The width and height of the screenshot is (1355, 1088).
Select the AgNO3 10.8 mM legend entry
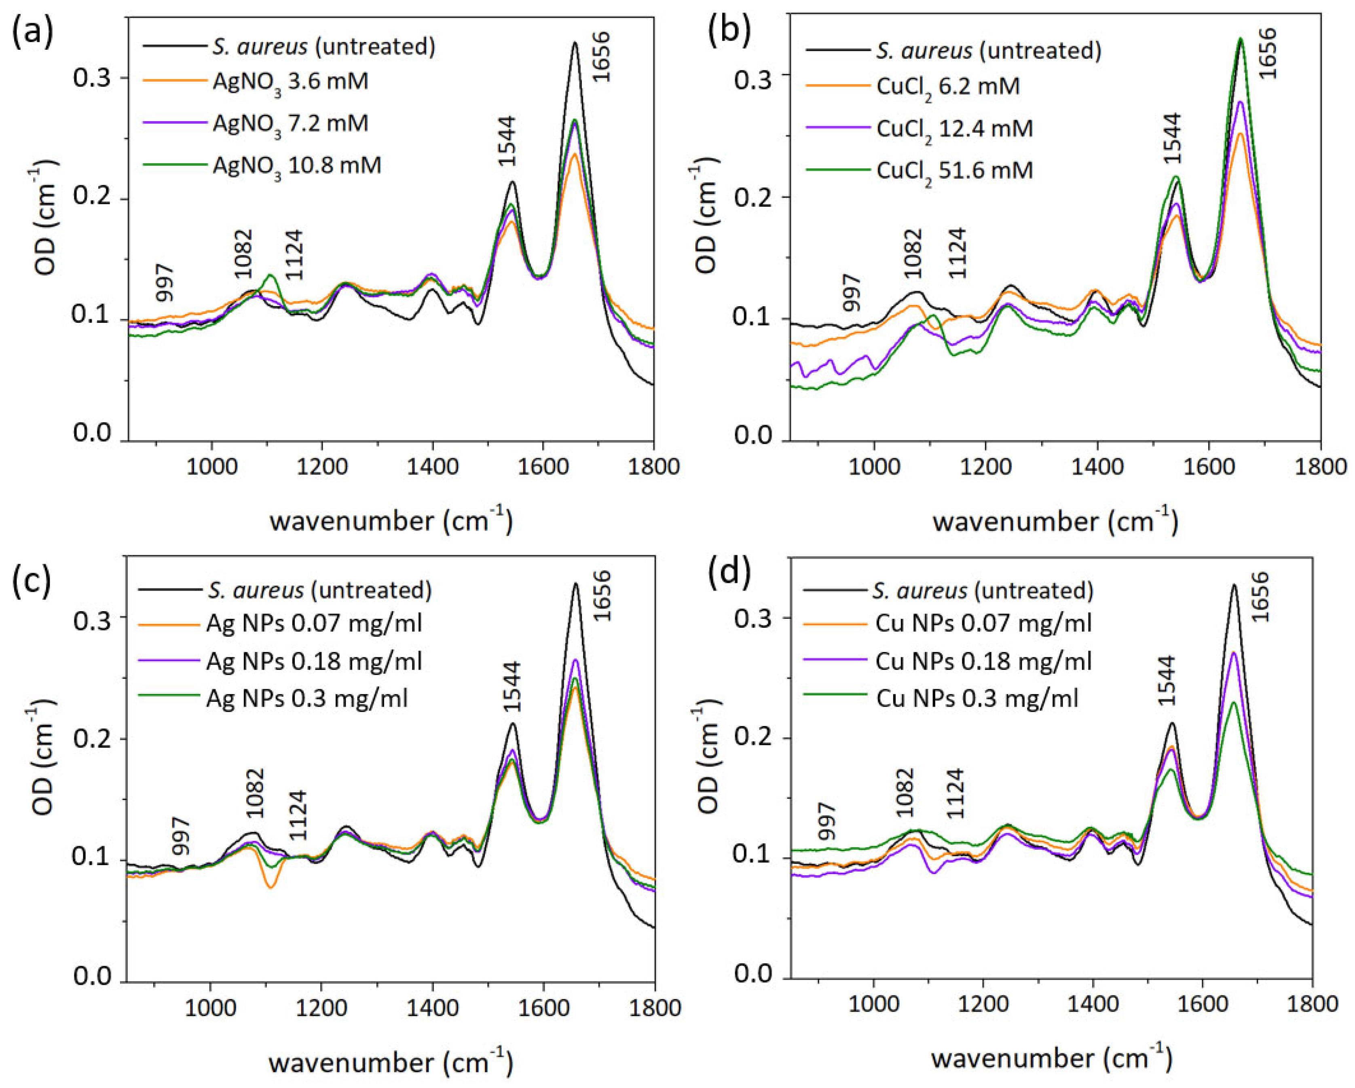click(297, 166)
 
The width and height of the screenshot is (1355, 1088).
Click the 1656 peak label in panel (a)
click(601, 57)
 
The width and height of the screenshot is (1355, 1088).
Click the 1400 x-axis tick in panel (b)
click(1097, 468)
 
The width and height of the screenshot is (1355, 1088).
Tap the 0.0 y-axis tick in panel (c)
click(91, 976)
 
